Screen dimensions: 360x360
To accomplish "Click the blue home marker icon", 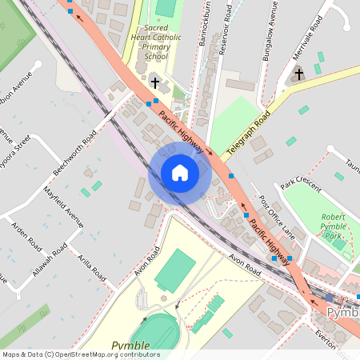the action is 179,173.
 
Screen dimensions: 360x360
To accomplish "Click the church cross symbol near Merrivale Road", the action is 299,74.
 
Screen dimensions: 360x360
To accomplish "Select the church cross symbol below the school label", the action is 155,82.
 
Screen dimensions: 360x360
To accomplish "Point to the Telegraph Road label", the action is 248,127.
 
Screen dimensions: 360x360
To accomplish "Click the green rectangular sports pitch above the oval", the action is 175,270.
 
